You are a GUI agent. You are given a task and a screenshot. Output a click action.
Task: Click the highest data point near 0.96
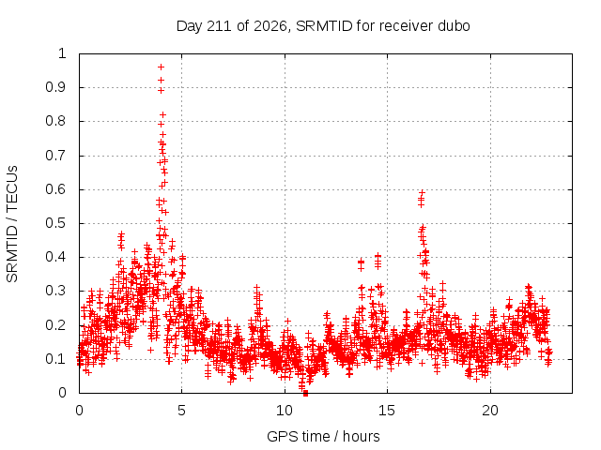point(161,67)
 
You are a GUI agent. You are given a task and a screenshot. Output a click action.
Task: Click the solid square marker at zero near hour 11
point(305,393)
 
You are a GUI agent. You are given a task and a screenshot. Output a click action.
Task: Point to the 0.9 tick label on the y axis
point(56,87)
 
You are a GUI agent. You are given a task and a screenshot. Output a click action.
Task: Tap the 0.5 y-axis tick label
point(56,223)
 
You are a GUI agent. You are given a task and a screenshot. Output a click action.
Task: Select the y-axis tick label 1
point(63,53)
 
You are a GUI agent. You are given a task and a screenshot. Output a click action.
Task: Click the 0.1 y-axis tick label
point(56,359)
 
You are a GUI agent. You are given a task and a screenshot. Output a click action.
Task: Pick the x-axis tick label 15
point(386,411)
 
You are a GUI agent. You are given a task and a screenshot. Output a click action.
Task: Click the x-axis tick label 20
point(490,411)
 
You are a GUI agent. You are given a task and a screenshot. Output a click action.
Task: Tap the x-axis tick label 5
point(181,411)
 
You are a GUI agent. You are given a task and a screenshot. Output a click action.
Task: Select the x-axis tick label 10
point(285,411)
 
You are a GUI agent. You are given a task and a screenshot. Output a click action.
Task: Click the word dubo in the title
point(455,26)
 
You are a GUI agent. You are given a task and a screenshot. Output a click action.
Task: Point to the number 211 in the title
point(220,26)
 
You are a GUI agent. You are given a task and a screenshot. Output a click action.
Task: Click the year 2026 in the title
point(270,26)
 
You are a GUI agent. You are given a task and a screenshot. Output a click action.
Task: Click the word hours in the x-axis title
point(361,436)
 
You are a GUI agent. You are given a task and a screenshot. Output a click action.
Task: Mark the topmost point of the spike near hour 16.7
point(422,192)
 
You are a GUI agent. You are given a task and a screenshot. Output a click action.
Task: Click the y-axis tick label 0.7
point(56,156)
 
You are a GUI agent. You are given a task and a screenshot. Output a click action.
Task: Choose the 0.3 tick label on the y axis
point(56,291)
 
